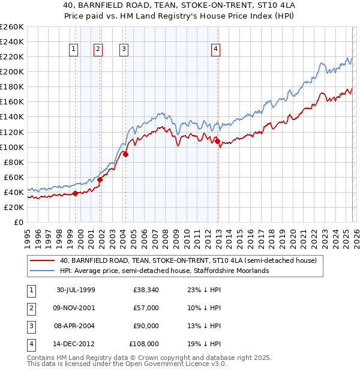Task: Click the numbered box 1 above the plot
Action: click(x=74, y=50)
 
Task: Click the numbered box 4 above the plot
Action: click(x=215, y=50)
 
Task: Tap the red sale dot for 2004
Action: click(x=125, y=154)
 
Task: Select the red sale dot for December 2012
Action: click(x=218, y=141)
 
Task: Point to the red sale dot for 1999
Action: click(x=76, y=193)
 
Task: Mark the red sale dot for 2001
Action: click(x=100, y=179)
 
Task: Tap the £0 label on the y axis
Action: click(x=19, y=222)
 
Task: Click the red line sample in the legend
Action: click(x=42, y=260)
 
